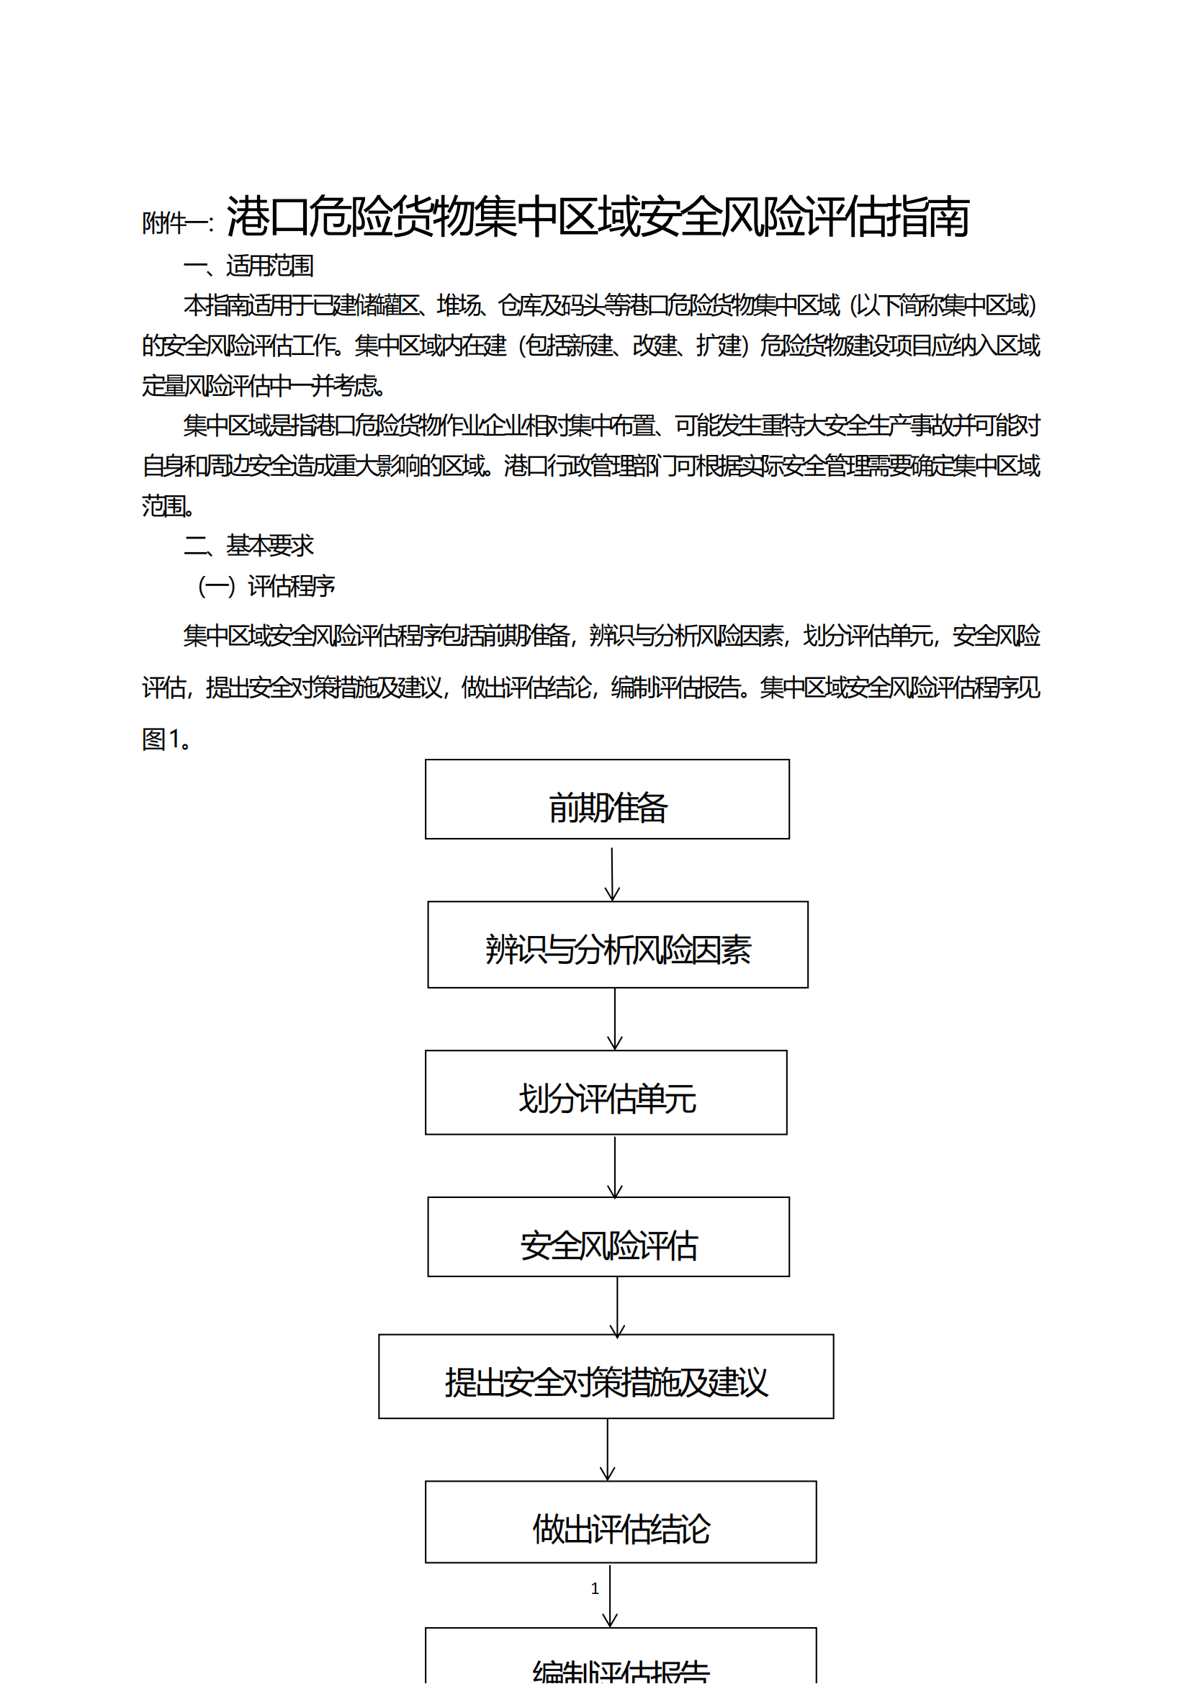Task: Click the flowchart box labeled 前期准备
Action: pos(607,799)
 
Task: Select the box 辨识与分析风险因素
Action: pos(618,945)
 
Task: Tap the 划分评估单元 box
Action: pos(606,1092)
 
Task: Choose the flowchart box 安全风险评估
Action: pos(608,1237)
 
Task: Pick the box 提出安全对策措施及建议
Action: pos(606,1377)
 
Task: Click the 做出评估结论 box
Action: pos(621,1522)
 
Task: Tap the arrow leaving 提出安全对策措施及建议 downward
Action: pos(607,1449)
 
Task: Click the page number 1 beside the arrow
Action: pos(595,1589)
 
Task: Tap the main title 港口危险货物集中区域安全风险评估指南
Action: pos(598,217)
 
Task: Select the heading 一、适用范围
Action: pos(248,266)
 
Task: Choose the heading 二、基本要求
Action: pos(248,546)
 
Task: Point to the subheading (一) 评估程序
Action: pos(266,586)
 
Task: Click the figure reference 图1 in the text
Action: pos(161,739)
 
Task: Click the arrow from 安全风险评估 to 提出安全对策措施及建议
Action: pos(617,1306)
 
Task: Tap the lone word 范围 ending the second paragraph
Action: pos(164,506)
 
